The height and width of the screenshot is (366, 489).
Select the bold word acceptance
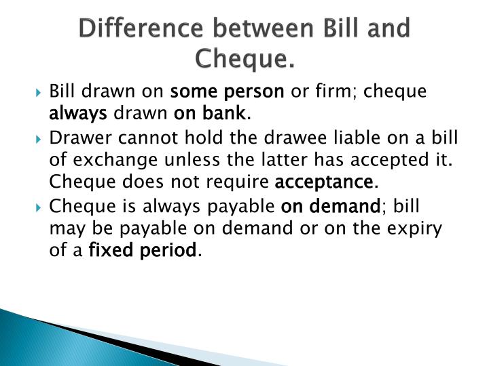point(324,182)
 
